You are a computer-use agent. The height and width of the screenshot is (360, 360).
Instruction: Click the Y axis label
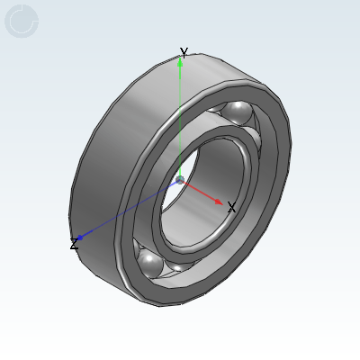click(x=184, y=52)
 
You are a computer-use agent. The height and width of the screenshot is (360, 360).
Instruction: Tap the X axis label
click(x=231, y=207)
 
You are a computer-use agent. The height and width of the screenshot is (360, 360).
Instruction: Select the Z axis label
click(x=74, y=244)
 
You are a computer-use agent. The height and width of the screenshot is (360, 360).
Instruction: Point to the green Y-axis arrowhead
click(x=180, y=61)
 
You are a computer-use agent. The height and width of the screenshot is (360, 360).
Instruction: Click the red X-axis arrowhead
click(x=220, y=202)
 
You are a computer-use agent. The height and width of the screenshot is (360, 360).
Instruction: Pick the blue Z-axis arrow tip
click(x=80, y=238)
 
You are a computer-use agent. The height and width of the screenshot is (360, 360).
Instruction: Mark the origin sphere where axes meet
click(x=180, y=180)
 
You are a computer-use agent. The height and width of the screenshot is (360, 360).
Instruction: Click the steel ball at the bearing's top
click(x=238, y=112)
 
